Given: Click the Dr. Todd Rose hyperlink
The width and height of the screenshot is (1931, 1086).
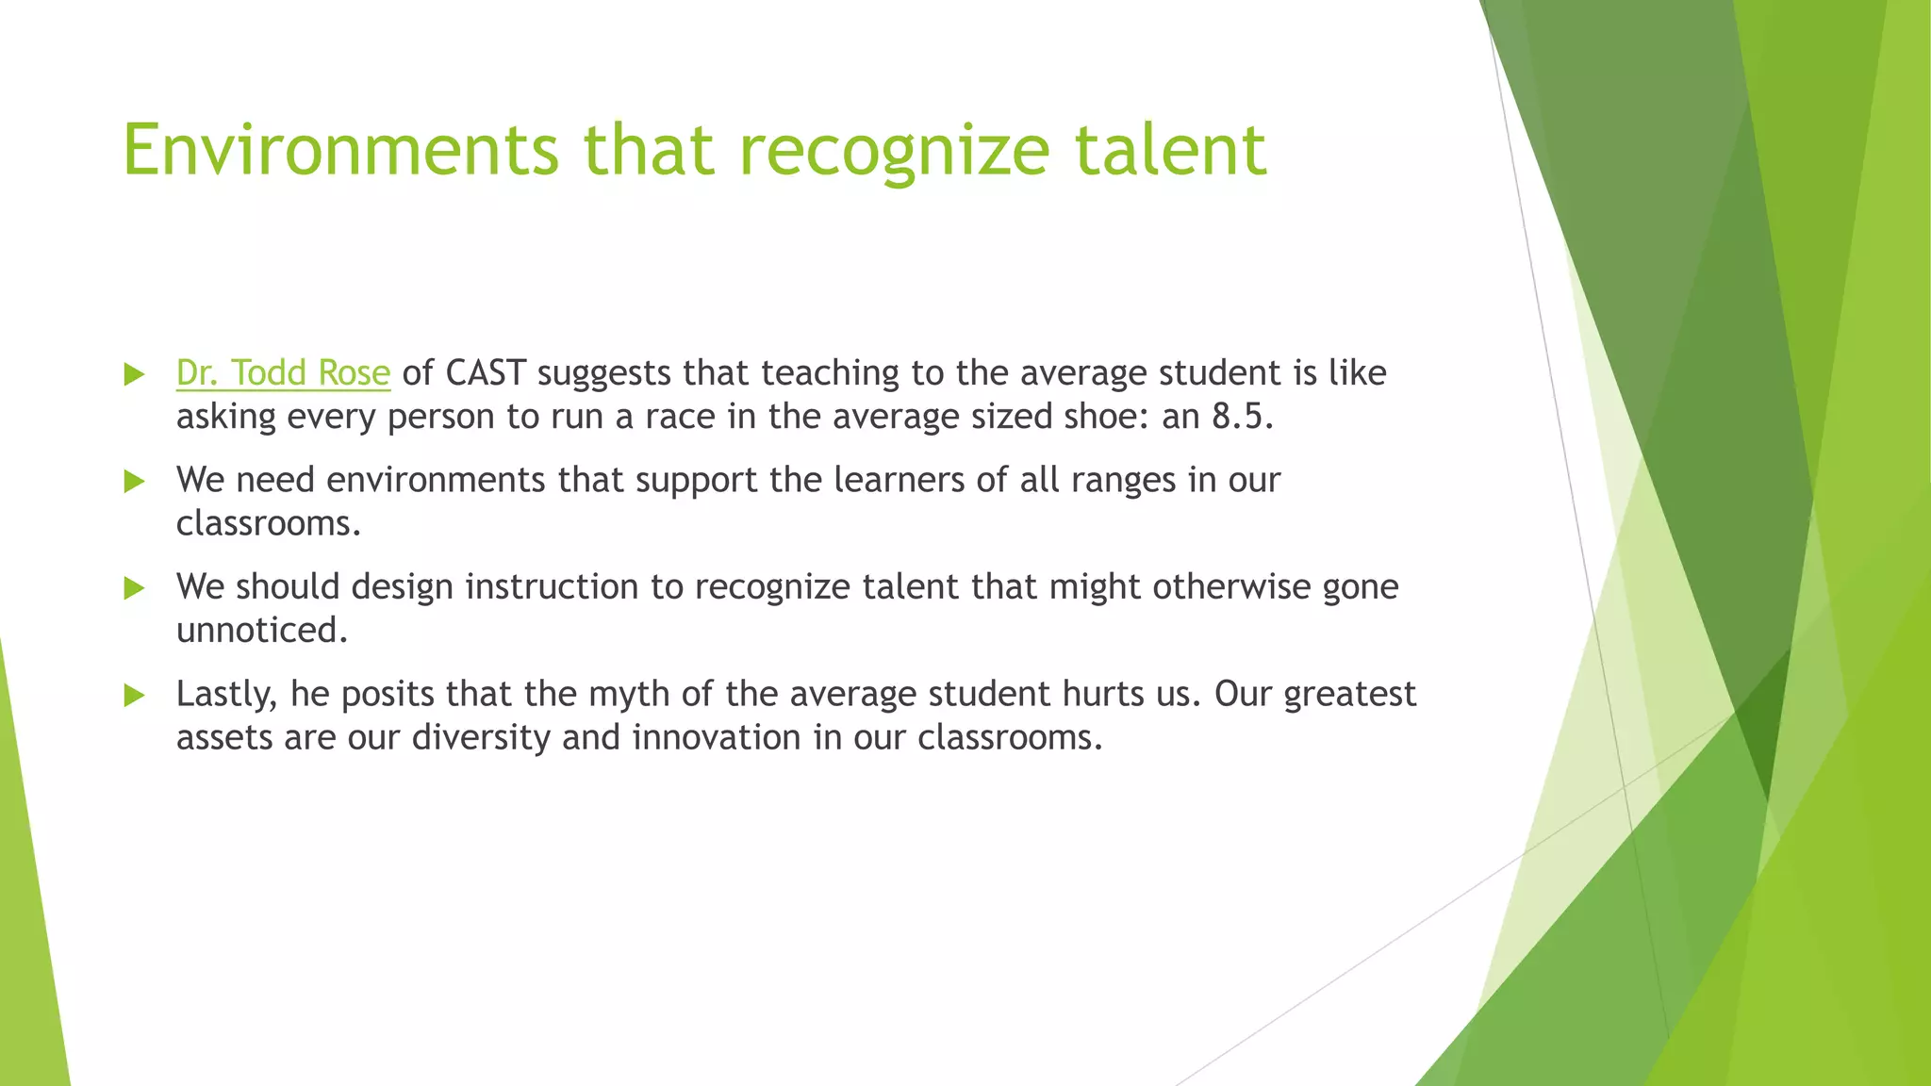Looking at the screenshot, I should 283,373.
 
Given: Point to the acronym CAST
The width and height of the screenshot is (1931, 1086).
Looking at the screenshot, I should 485,373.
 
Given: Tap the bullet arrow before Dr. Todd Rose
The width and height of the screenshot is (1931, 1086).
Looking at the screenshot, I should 135,374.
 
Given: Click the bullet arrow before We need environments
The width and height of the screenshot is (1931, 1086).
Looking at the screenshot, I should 135,482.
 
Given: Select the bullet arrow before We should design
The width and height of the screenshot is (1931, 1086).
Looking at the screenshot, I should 135,589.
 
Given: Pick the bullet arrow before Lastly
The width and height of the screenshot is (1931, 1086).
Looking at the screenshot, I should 135,696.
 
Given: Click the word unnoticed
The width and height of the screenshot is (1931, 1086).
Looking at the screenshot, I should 261,631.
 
